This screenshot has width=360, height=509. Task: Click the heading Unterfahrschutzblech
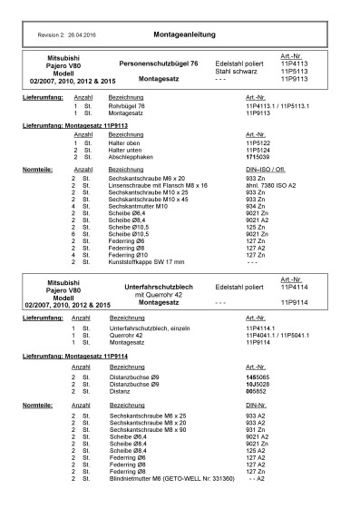click(x=158, y=312)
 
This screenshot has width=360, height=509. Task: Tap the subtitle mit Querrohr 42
click(x=158, y=320)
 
